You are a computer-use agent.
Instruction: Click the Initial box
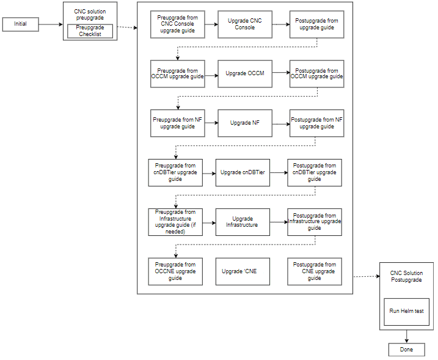point(21,24)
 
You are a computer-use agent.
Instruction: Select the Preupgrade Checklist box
point(90,31)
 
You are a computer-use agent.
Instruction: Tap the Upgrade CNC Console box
point(244,24)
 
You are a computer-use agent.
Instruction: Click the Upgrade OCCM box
point(244,73)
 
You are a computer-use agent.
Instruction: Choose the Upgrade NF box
point(244,123)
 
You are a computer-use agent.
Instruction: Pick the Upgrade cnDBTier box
point(243,173)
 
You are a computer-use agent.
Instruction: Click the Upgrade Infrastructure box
point(243,222)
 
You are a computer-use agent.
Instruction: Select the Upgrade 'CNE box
point(243,271)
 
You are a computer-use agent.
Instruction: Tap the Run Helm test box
point(406,312)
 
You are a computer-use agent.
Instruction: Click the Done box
point(406,350)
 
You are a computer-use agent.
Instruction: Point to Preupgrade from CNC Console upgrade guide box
point(177,24)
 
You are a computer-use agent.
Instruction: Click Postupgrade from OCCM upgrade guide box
point(316,73)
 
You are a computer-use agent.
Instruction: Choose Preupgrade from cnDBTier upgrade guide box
point(175,173)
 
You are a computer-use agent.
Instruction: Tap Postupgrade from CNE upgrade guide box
point(314,271)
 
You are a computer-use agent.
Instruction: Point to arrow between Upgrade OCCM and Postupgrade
point(280,74)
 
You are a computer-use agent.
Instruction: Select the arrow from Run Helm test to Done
point(406,337)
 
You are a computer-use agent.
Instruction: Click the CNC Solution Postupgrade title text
point(406,276)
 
